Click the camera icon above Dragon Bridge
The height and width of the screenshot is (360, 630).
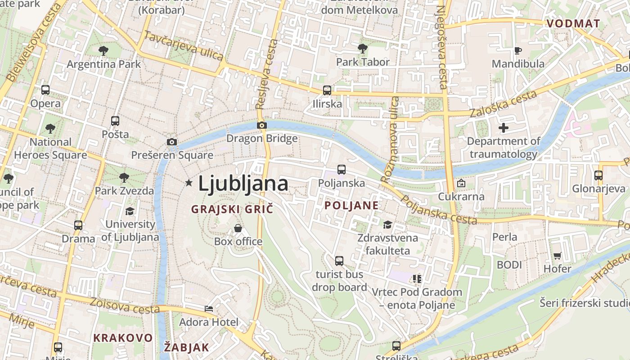(x=261, y=125)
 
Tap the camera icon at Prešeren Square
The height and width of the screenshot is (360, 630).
(x=171, y=142)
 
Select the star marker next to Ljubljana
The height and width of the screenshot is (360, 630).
(x=189, y=183)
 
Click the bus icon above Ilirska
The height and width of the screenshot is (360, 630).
(x=327, y=90)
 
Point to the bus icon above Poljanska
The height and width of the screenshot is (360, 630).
(x=342, y=170)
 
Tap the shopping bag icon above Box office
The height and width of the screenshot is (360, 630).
(x=238, y=228)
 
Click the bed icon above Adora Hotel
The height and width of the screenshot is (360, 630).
(x=209, y=309)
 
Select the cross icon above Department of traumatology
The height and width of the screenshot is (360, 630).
(x=504, y=128)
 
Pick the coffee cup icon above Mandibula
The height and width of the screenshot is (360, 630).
(x=518, y=50)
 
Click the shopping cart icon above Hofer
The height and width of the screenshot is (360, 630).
(x=557, y=256)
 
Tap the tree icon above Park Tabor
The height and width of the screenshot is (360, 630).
(x=363, y=48)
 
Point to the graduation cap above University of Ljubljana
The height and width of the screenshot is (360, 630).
(x=130, y=211)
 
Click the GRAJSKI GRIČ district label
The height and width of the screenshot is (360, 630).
(x=232, y=209)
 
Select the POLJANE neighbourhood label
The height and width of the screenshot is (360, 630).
(x=351, y=206)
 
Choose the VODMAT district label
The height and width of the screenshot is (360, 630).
(x=573, y=24)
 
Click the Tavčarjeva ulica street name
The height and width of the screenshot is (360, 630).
(x=184, y=45)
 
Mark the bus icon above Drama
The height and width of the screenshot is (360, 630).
(x=78, y=225)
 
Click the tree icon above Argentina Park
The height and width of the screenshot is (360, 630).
(x=103, y=50)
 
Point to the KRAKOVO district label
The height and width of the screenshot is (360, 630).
(x=123, y=338)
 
